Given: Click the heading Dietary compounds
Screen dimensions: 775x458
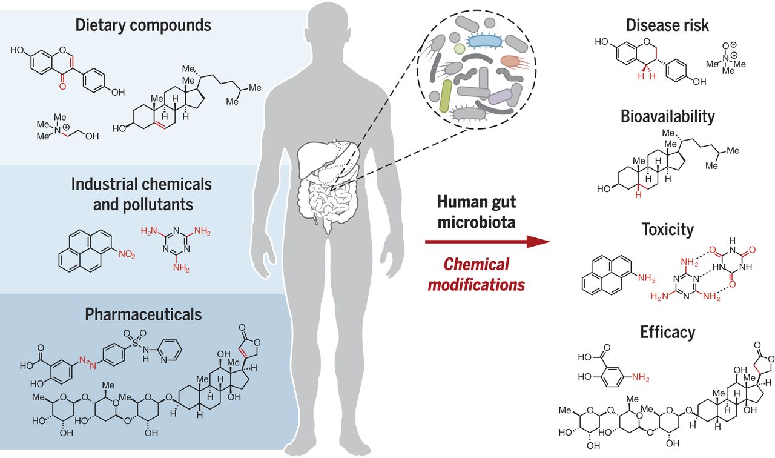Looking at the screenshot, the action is point(143,25).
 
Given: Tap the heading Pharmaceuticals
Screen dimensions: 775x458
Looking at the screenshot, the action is point(143,314).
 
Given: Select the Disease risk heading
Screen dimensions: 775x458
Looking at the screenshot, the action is point(667,25).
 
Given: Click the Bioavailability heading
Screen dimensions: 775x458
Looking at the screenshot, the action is point(667,117).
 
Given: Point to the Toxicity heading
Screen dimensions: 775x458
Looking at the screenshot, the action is point(667,230).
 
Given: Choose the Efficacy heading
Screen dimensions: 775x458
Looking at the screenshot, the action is point(667,332).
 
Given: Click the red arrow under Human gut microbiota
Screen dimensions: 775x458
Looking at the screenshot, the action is point(487,241).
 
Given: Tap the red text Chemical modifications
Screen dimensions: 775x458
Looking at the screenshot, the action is point(477,274).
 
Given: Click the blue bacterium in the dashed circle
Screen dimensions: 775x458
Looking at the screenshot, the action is point(485,41).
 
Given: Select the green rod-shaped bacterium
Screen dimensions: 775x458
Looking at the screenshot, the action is point(446,96).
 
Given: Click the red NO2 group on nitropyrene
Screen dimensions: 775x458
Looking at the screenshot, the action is point(127,254).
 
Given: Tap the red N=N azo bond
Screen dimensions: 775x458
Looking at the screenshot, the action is point(88,362).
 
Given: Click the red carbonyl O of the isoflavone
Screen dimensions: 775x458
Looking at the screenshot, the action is point(62,85).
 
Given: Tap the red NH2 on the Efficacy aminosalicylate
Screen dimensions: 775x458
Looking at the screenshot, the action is point(641,377).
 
